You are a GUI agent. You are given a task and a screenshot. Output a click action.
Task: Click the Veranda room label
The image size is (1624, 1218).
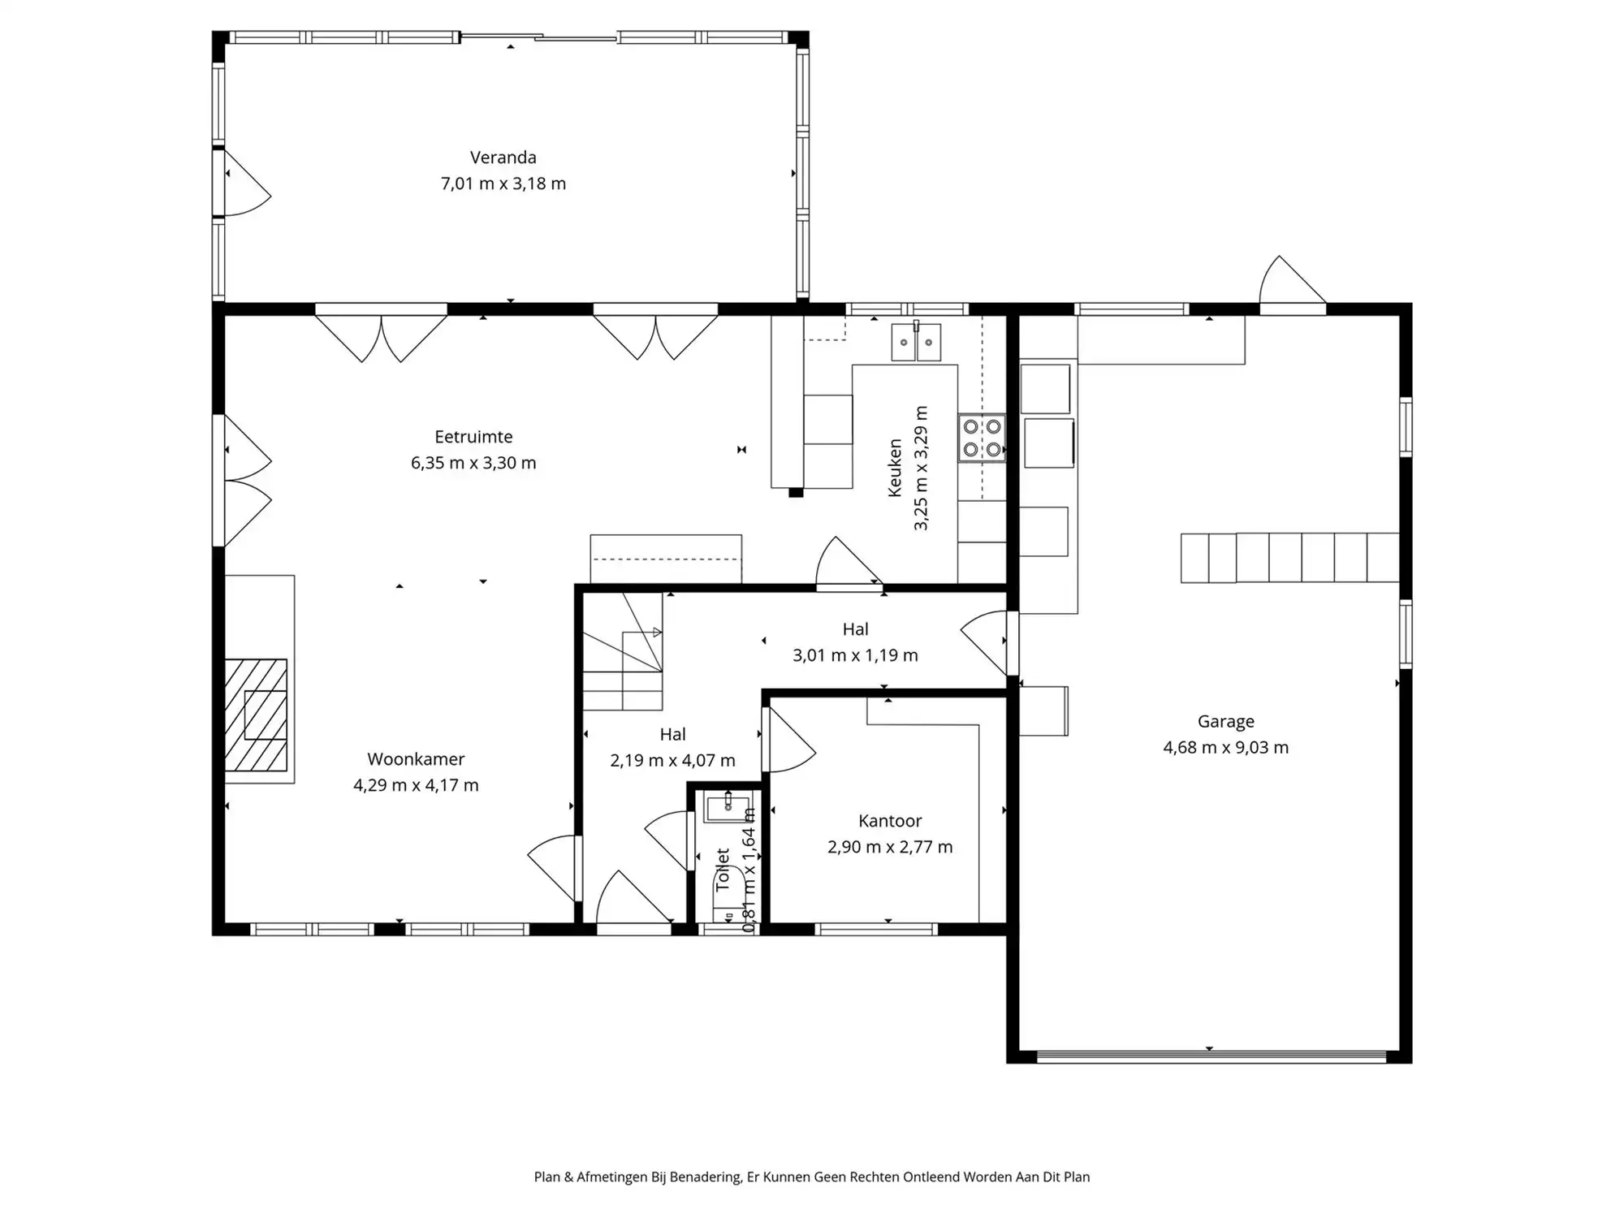point(503,158)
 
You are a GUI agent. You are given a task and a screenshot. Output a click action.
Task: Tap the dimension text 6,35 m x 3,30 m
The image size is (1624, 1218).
point(473,463)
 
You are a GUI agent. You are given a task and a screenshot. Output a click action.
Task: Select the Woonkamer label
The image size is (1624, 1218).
point(416,759)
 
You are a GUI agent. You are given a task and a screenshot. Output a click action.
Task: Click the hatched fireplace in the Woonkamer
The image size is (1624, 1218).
point(256,715)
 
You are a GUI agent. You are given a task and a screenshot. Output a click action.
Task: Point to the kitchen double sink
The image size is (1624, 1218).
point(916,342)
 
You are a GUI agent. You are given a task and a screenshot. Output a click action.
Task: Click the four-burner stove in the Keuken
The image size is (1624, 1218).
point(982,438)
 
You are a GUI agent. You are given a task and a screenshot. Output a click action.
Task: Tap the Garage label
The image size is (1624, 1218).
point(1225,721)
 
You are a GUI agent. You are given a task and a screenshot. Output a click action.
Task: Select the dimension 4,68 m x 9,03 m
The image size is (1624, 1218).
point(1225,748)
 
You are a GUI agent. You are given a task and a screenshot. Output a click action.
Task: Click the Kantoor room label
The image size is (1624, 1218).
point(890,821)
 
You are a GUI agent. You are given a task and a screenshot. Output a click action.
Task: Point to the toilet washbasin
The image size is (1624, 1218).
point(728,808)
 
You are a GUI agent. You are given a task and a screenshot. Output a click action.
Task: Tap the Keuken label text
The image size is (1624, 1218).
point(895,468)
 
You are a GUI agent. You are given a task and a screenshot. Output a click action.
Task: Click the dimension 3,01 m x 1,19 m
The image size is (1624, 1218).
point(855,655)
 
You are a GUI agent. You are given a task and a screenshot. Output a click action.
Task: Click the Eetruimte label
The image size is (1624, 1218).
point(473,437)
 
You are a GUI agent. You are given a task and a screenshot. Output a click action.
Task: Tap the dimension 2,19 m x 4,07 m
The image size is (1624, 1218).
point(672,761)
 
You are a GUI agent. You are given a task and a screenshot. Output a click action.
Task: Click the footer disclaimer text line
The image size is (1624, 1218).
point(811,1177)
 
